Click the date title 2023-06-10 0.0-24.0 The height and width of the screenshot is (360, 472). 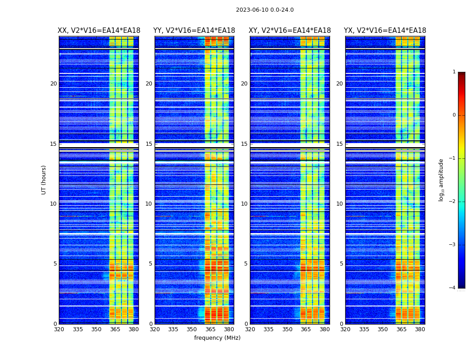(x=265, y=10)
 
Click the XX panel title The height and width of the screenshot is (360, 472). (x=99, y=31)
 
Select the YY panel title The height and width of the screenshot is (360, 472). (x=194, y=31)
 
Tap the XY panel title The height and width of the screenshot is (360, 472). (x=290, y=31)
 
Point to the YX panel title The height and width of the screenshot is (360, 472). (x=385, y=31)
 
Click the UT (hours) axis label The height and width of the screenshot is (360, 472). (x=44, y=180)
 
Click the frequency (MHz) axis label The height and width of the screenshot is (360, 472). (x=217, y=338)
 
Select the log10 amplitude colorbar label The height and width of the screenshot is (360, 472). (x=441, y=180)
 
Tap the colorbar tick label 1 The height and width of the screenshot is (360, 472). (x=454, y=72)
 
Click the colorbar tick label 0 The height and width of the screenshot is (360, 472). (x=454, y=115)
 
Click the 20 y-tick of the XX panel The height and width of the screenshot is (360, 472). (x=53, y=84)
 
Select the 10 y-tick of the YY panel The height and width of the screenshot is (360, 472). (x=149, y=204)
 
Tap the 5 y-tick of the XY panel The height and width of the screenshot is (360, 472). (x=245, y=264)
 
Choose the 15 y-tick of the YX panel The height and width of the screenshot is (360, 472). (x=339, y=144)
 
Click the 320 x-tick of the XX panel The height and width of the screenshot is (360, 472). (x=59, y=329)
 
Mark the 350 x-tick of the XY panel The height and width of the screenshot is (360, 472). (x=287, y=329)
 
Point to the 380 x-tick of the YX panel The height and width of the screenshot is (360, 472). (x=420, y=329)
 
